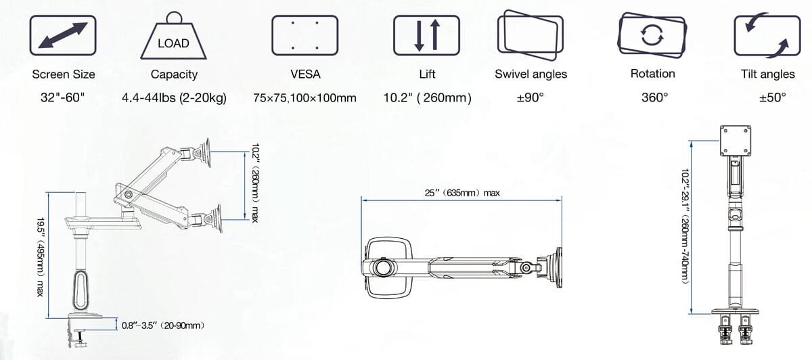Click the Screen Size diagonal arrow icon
point(63,35)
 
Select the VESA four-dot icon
point(305,35)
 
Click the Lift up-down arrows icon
point(427,35)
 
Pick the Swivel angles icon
point(531,35)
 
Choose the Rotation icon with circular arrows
point(652,35)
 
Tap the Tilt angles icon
point(767,35)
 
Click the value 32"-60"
point(62,97)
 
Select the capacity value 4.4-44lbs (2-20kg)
point(174,98)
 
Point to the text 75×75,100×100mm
point(304,98)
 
